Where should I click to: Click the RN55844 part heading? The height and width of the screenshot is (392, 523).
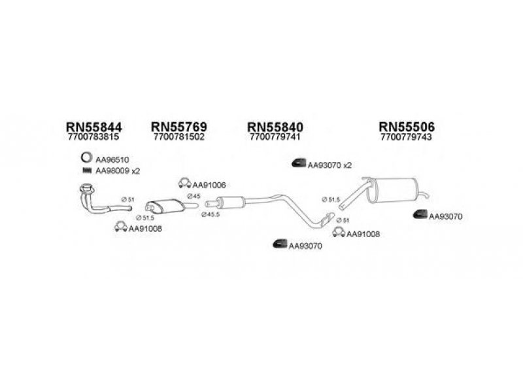pyautogui.click(x=94, y=126)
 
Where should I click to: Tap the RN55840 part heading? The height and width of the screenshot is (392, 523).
pyautogui.click(x=275, y=126)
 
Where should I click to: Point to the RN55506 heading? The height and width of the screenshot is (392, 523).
pyautogui.click(x=407, y=126)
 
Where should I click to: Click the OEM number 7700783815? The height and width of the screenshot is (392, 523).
pyautogui.click(x=93, y=138)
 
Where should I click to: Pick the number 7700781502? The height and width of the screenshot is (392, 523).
pyautogui.click(x=178, y=138)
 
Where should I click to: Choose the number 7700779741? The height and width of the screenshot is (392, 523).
pyautogui.click(x=275, y=138)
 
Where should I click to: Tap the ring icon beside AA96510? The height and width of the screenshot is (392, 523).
pyautogui.click(x=86, y=158)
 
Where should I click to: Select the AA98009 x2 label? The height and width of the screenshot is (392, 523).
pyautogui.click(x=118, y=171)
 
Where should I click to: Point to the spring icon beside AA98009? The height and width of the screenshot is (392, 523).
pyautogui.click(x=86, y=171)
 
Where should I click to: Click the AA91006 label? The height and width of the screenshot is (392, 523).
pyautogui.click(x=210, y=186)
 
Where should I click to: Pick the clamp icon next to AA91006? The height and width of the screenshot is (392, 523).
pyautogui.click(x=185, y=184)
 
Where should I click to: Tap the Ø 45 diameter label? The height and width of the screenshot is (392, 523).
pyautogui.click(x=194, y=196)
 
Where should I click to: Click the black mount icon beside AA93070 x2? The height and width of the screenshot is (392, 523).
pyautogui.click(x=298, y=163)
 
